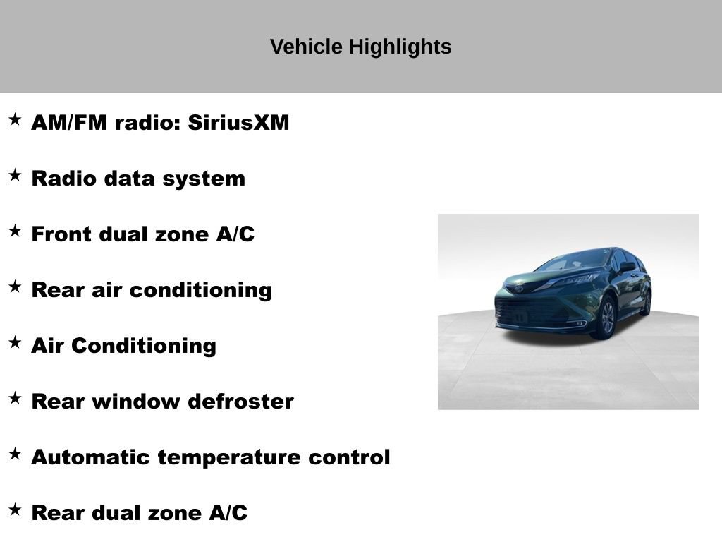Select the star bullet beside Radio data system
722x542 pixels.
[15, 176]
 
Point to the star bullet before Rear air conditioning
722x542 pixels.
[15, 287]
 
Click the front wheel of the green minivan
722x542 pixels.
[605, 318]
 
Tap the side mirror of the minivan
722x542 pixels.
[626, 267]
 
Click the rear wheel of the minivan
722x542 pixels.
[646, 302]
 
